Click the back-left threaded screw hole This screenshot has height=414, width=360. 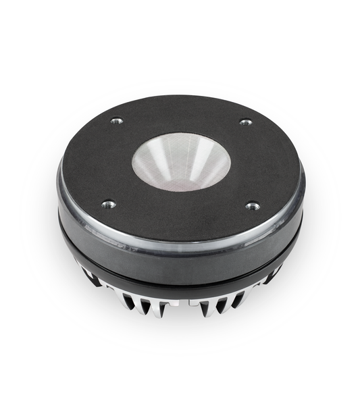116,121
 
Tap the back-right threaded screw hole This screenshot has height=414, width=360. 246,122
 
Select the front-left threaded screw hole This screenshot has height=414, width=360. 108,204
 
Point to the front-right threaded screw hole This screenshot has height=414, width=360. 252,206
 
